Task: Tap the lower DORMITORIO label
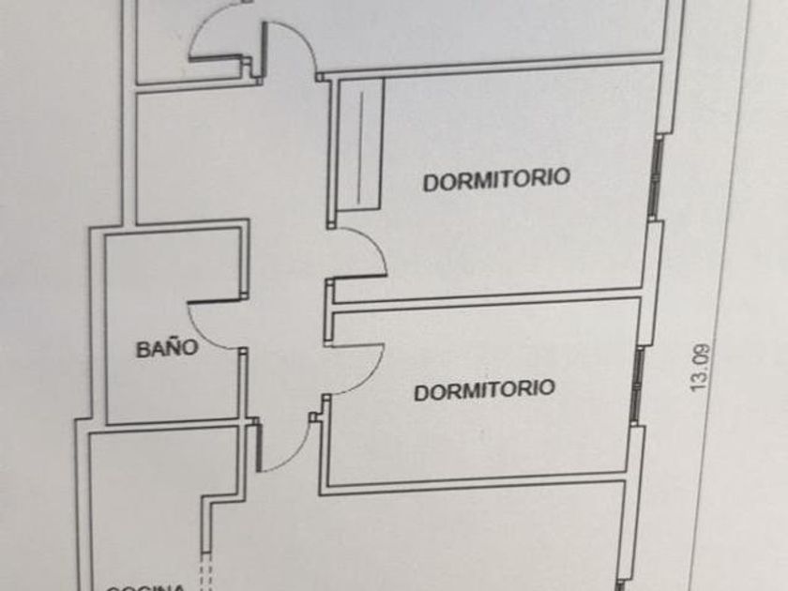pyautogui.click(x=484, y=389)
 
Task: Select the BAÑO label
pyautogui.click(x=167, y=349)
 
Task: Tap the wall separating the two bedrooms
pyautogui.click(x=488, y=299)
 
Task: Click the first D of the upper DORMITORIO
pyautogui.click(x=429, y=181)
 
